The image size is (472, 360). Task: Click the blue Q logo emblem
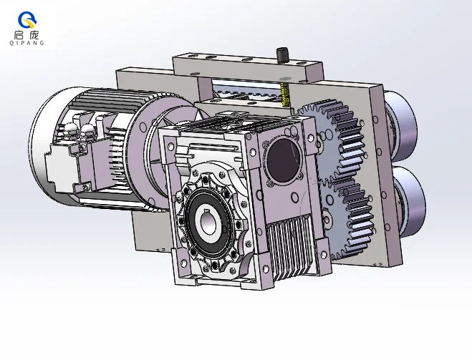(x=27, y=20)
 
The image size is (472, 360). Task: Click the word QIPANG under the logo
(x=27, y=43)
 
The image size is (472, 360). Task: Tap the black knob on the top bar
(x=281, y=55)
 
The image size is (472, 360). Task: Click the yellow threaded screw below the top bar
(x=285, y=94)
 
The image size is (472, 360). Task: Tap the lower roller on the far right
(x=410, y=200)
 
